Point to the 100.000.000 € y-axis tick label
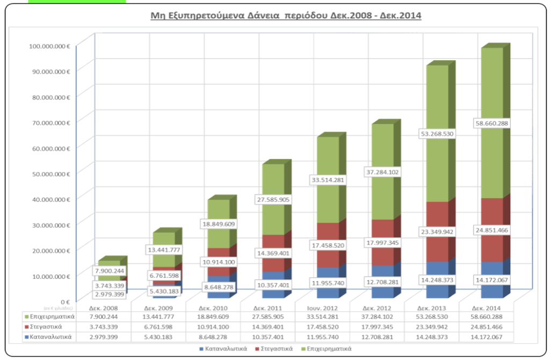coord(50,46)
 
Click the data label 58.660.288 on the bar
coord(491,123)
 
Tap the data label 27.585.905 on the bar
coord(273,200)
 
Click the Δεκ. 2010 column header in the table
coord(213,308)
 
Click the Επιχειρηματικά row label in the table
coord(52,317)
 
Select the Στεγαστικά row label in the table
coord(52,327)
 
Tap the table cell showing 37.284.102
coord(377,317)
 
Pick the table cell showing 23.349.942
coord(431,327)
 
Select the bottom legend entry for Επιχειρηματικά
coord(330,349)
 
